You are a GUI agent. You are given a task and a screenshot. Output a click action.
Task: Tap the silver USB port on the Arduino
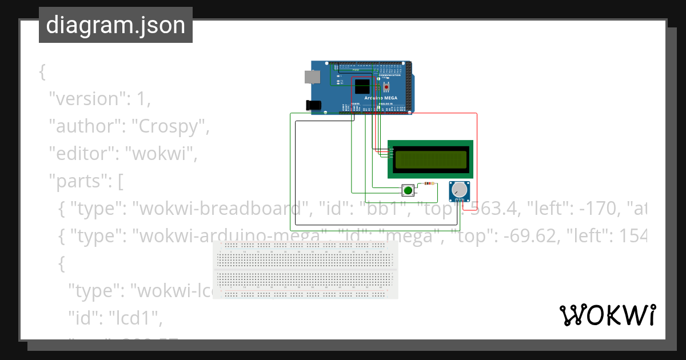pos(312,77)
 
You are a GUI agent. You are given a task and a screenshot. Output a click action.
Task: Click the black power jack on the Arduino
pos(313,105)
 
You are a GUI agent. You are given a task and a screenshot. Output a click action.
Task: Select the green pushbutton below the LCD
pos(408,190)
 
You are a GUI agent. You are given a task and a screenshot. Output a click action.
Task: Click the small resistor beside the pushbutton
pos(426,184)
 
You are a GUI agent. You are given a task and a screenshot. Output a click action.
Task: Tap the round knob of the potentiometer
pos(458,189)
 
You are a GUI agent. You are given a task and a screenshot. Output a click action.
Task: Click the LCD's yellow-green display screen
pos(430,159)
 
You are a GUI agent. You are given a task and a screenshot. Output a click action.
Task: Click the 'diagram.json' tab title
pos(115,26)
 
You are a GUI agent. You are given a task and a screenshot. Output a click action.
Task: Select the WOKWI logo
pos(607,315)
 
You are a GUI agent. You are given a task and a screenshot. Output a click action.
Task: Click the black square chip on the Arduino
pos(362,87)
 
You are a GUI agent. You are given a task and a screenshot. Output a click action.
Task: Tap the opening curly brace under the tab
pos(42,71)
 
